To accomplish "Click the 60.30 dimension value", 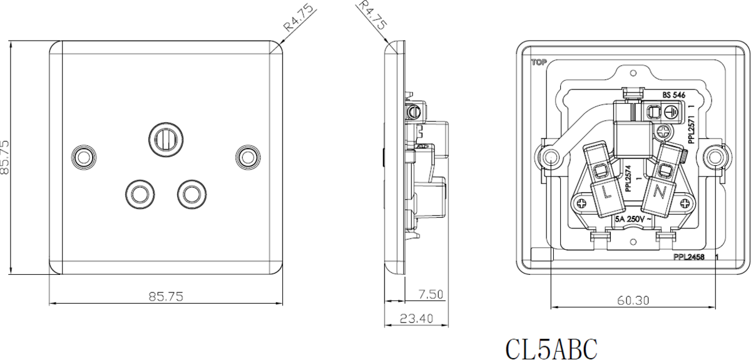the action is [x=633, y=301].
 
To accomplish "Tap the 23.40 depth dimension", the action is [x=416, y=319].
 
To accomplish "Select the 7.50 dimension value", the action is [x=431, y=294].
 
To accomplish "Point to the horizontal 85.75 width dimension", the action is [x=166, y=296].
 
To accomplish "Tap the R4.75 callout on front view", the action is [x=299, y=18].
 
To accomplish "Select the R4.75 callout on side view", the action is [x=372, y=15].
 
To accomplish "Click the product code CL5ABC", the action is [x=551, y=349].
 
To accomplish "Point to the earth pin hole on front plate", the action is [x=166, y=139].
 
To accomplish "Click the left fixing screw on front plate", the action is [x=84, y=157].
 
